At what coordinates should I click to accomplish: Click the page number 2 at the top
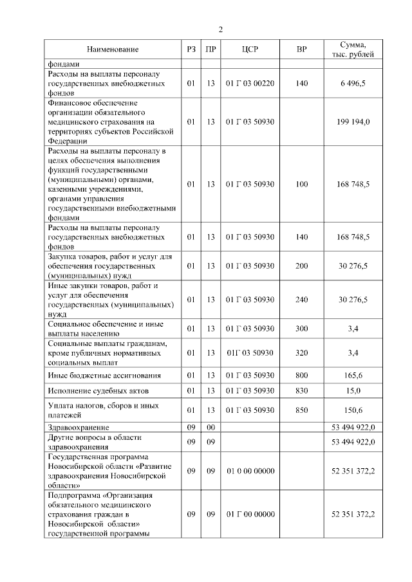221,29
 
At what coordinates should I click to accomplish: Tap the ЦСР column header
250,50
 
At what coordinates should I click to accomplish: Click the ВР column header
301,50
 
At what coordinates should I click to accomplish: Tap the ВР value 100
301,184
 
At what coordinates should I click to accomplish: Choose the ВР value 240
301,300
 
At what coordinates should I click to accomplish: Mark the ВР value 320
301,352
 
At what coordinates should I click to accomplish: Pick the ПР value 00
210,427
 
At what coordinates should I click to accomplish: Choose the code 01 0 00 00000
250,471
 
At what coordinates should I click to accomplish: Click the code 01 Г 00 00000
250,514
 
